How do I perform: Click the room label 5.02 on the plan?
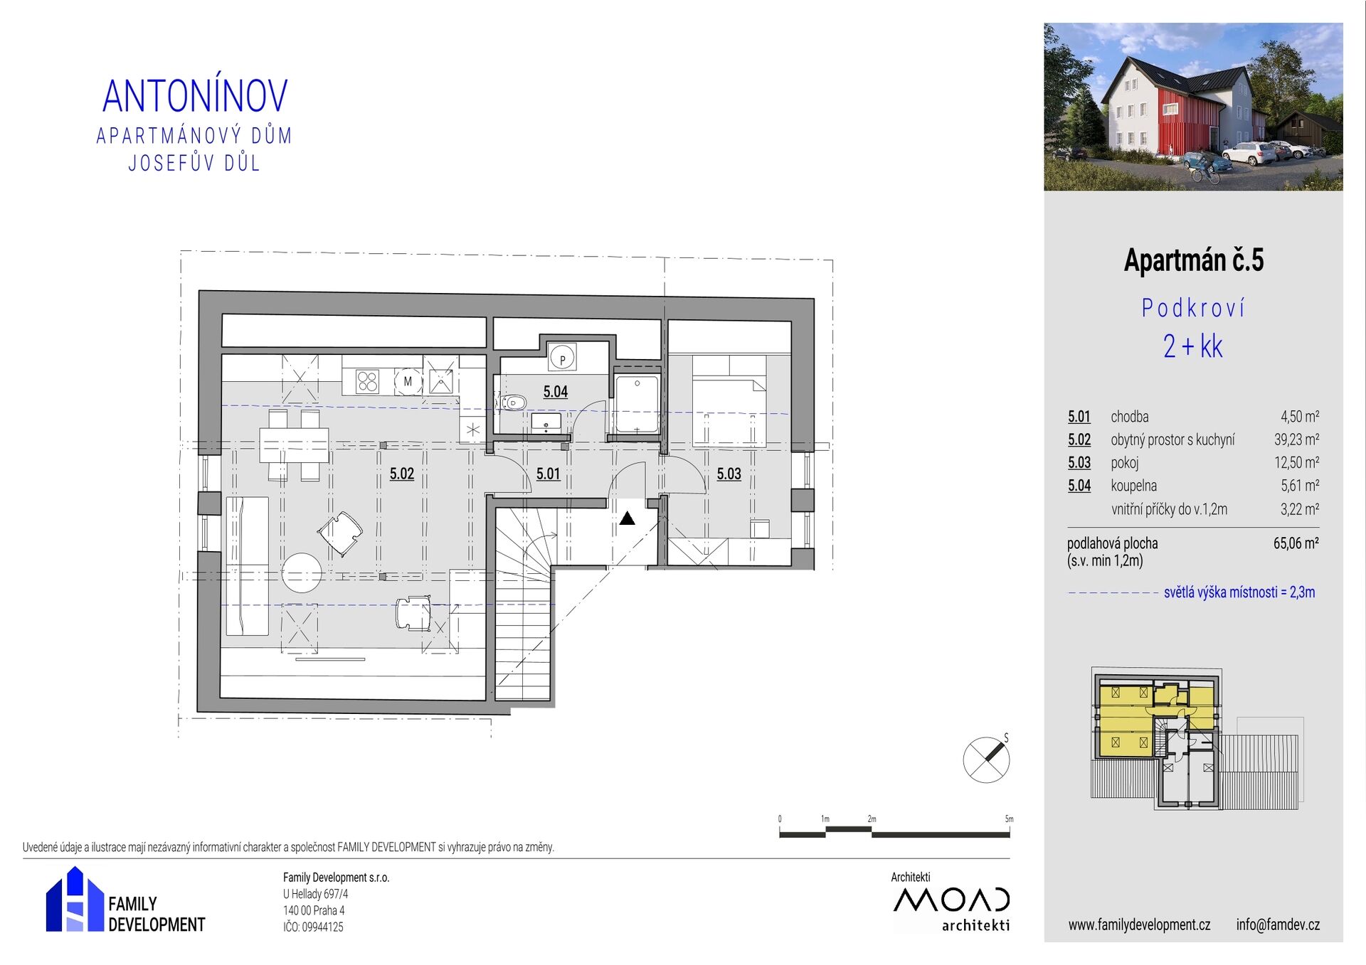point(402,474)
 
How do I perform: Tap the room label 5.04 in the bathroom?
point(556,391)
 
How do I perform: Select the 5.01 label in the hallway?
point(548,474)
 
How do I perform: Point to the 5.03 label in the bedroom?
point(729,474)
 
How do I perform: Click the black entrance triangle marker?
point(627,518)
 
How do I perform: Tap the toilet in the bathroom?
point(514,403)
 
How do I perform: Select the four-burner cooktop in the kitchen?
point(368,382)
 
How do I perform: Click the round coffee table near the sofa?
point(302,572)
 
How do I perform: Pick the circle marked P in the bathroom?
point(563,358)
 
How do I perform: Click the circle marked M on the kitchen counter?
point(408,381)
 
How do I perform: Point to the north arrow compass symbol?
point(987,759)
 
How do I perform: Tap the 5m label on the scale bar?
point(1009,819)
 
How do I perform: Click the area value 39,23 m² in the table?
point(1296,439)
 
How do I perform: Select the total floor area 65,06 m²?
point(1296,543)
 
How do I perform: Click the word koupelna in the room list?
point(1134,486)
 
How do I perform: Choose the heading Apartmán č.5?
point(1194,260)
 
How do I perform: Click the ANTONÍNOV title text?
point(195,96)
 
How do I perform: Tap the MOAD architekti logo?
point(951,909)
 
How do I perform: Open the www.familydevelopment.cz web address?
point(1139,924)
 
